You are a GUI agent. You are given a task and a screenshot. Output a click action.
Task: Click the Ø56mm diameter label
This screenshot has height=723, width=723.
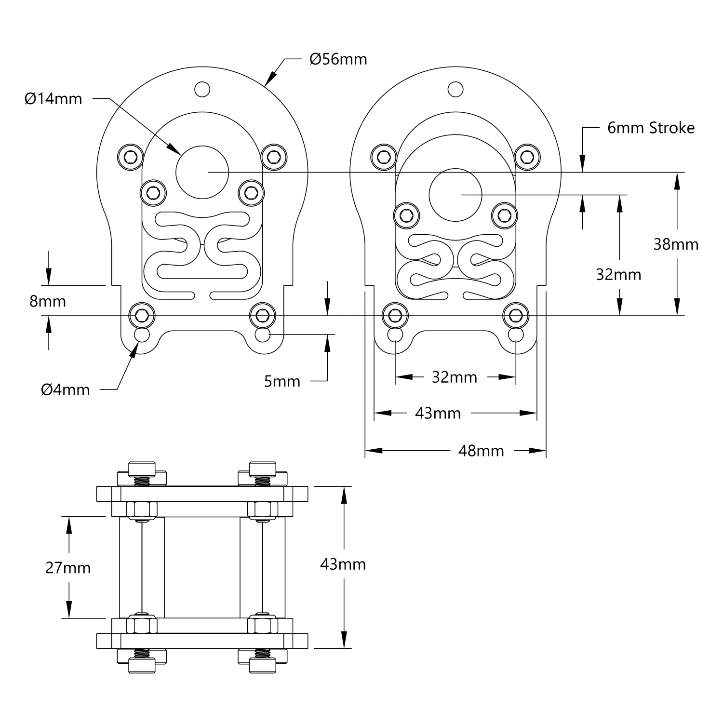[338, 59]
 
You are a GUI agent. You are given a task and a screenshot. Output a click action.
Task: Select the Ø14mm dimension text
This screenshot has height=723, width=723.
[53, 99]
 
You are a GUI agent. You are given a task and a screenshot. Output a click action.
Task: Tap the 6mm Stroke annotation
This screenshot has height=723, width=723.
[651, 128]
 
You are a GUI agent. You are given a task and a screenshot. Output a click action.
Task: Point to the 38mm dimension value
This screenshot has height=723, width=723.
[676, 244]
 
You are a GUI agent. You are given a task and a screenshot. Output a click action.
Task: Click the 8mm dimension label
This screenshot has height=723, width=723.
[48, 301]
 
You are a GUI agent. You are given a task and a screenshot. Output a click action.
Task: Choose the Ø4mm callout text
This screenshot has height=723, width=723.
[66, 389]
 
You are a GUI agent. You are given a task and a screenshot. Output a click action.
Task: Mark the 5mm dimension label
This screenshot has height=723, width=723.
[282, 381]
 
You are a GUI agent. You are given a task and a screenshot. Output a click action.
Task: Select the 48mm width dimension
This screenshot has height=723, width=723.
[481, 451]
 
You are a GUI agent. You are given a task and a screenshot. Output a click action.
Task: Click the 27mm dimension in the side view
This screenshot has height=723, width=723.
[68, 568]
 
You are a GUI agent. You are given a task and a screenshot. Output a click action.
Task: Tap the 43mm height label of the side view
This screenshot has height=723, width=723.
[343, 564]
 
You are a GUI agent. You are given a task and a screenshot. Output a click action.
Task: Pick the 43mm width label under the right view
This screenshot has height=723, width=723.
[438, 413]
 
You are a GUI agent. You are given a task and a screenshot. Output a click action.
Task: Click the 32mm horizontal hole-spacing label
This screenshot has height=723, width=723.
[454, 377]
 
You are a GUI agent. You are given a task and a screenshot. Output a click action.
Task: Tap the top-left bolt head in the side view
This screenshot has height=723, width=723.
[142, 468]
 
